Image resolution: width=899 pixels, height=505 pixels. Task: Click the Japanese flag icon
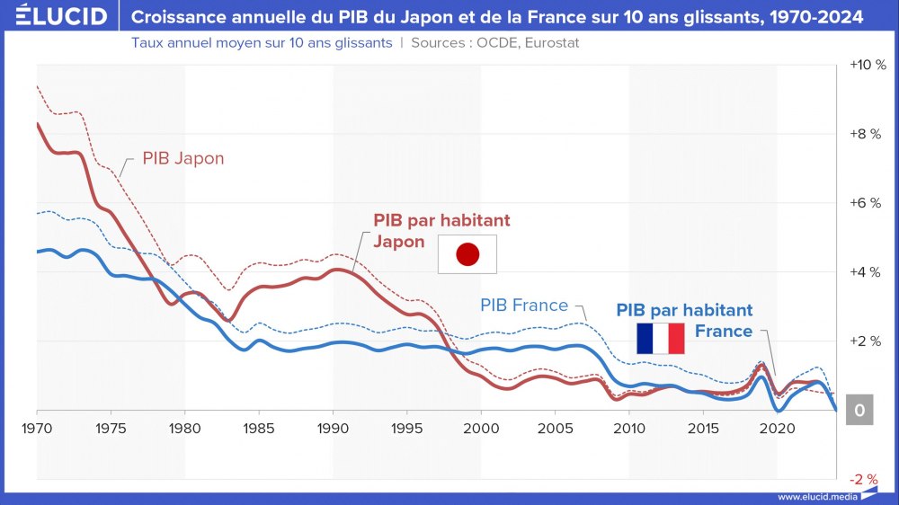tap(467, 254)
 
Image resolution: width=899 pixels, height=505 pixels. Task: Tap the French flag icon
tap(661, 338)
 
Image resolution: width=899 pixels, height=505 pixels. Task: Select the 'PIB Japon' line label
tap(183, 158)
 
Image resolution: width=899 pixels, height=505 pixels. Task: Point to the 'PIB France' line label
tap(524, 306)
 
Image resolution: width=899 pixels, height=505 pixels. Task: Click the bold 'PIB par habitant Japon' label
tap(441, 230)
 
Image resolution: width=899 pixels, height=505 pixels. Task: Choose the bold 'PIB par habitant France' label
tap(684, 320)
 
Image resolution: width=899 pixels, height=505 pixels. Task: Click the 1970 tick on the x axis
tap(37, 427)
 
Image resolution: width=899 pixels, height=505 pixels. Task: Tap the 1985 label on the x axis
tap(258, 427)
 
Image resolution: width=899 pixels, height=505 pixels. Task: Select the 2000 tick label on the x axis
tap(480, 427)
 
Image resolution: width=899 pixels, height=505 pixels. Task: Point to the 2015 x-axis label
tap(702, 427)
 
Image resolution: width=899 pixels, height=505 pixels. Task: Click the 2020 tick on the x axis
tap(776, 427)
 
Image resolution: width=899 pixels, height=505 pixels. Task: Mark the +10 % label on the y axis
tap(867, 66)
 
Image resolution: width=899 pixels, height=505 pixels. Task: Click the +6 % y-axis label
tap(867, 203)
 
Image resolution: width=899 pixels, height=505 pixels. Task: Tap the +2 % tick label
tap(867, 341)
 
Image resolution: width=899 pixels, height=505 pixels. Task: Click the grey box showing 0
tap(860, 411)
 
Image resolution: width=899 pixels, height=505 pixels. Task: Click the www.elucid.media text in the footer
tap(817, 497)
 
